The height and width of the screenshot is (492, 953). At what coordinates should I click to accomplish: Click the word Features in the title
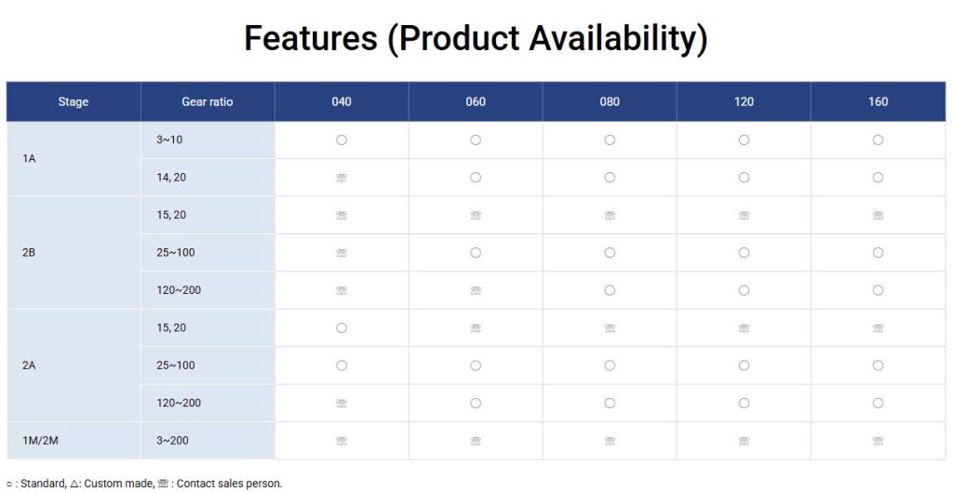tap(310, 37)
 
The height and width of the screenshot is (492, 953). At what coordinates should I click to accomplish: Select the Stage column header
tap(74, 102)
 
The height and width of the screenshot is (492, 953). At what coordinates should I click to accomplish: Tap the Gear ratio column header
tap(208, 102)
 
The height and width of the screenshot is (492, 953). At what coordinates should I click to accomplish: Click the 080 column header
tap(610, 102)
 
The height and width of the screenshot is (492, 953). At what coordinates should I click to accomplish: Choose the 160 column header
tap(878, 102)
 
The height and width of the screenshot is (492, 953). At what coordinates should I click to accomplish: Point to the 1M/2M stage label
tap(40, 440)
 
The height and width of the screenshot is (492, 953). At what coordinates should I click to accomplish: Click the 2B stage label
tap(29, 253)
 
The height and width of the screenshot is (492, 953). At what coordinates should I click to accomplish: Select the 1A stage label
tap(29, 159)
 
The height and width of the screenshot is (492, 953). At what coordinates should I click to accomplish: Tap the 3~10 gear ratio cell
tap(169, 140)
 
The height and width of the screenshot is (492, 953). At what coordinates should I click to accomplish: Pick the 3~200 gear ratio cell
tap(172, 440)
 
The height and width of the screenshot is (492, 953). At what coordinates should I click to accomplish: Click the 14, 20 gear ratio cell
tap(171, 178)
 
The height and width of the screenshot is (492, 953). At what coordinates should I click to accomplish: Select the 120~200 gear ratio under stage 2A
tap(179, 403)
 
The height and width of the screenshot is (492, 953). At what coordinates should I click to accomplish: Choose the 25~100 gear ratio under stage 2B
tap(176, 253)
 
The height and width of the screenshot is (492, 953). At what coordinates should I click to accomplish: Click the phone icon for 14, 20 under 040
tap(342, 178)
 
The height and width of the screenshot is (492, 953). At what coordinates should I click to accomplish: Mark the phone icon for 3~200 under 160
tap(878, 440)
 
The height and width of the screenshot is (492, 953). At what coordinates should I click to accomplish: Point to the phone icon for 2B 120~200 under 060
tap(476, 290)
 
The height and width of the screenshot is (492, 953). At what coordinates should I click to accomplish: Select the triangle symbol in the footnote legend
tap(74, 485)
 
